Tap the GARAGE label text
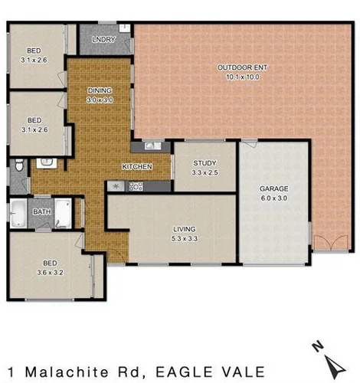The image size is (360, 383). pos(273,188)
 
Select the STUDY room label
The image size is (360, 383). pos(205,163)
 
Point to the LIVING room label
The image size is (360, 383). pos(184,229)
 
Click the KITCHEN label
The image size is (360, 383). pos(137,167)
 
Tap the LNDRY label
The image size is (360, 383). pos(102,39)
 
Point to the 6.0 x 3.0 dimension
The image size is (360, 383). pos(273,197)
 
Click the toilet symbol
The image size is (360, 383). pos(18,165)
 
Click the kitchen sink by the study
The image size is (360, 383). pos(150,146)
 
